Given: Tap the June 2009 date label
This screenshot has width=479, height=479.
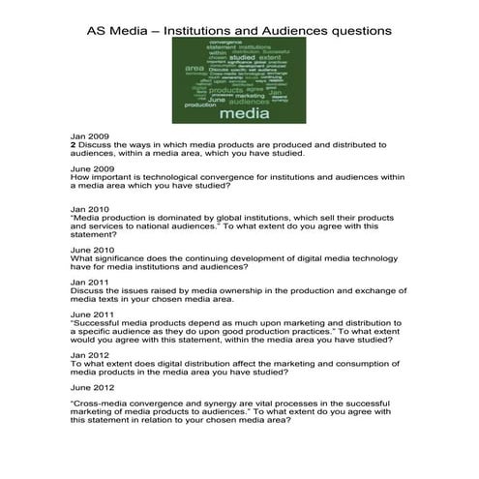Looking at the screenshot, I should [x=90, y=169].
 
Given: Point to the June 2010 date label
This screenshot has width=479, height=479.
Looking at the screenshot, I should [x=90, y=250].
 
